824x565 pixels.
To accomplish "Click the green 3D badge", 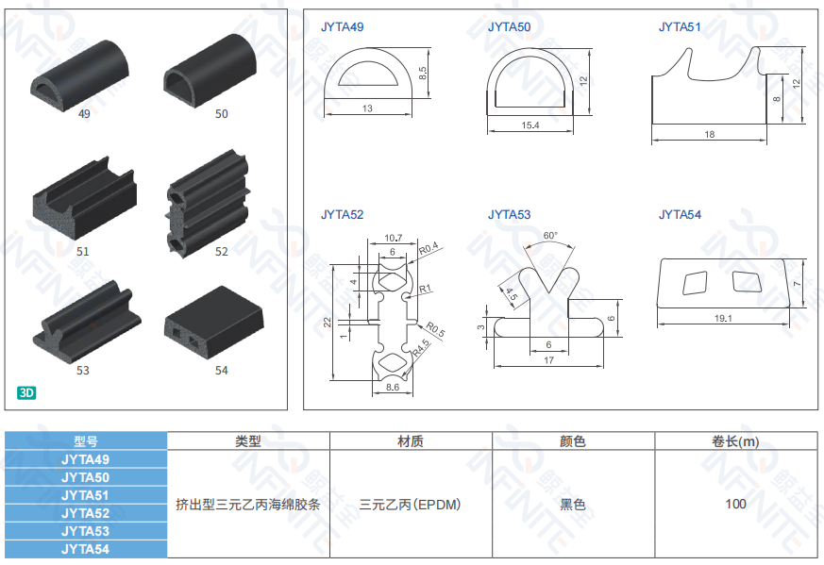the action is [26, 392].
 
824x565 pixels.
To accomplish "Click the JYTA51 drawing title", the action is [680, 27].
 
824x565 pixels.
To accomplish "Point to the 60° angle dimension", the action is [550, 236].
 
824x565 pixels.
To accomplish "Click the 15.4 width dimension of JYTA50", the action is [530, 125].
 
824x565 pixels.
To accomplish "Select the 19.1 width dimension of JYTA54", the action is [723, 318].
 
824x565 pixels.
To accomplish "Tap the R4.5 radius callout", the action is [421, 348].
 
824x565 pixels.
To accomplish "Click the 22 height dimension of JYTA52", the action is [327, 322].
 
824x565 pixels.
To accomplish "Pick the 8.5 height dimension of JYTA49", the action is [423, 73].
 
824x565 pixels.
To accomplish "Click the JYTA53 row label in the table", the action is [86, 531].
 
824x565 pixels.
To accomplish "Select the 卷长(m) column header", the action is [735, 441].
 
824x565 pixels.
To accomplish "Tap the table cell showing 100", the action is [735, 504].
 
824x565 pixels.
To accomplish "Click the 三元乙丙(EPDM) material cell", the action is [411, 505].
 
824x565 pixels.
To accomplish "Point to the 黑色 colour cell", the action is [573, 505].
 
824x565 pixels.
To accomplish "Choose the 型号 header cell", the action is [86, 441].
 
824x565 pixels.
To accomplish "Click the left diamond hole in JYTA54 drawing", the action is [695, 283].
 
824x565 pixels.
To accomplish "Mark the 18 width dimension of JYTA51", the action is [710, 135].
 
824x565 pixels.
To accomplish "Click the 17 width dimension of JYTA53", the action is [548, 360].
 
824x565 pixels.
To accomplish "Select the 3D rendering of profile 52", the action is [208, 204].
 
